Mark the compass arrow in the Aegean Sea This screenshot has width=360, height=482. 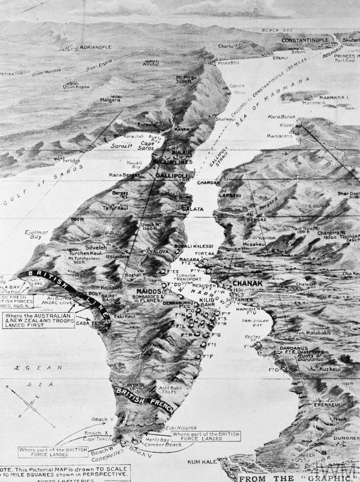click(x=42, y=410)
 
